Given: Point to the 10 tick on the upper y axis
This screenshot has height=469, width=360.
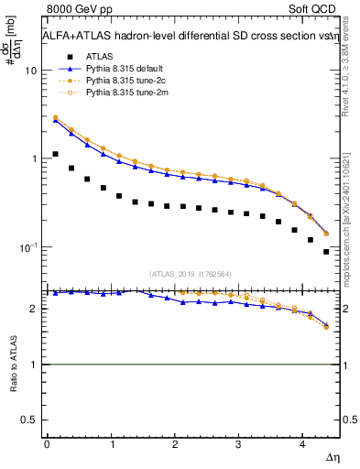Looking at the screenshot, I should [x=31, y=71].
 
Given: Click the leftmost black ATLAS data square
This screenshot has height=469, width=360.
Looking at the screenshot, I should [x=55, y=154].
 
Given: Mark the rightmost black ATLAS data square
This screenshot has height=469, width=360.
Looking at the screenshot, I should [x=326, y=252].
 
